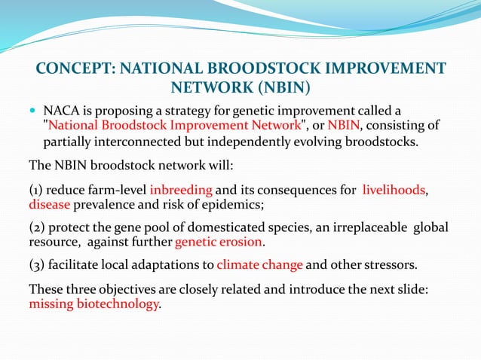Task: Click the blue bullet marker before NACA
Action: [32, 112]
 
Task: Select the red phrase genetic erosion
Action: [219, 243]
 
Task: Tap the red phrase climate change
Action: [259, 265]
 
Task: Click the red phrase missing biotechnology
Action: [93, 304]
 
